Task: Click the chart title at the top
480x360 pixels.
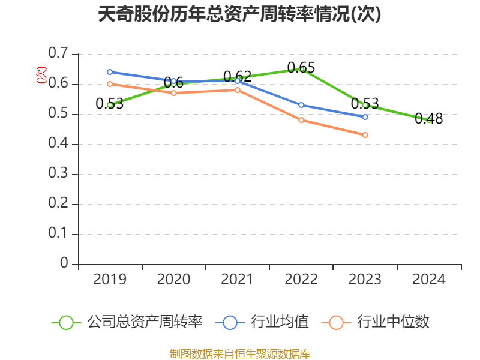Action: point(239,14)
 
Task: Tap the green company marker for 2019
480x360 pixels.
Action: point(110,105)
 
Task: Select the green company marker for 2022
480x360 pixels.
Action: point(302,69)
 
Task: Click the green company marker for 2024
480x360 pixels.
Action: point(429,120)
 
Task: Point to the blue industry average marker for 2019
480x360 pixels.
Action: point(110,72)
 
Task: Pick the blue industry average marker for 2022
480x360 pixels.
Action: point(301,105)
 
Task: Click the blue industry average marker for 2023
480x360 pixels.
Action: point(365,117)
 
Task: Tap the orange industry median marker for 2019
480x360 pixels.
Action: point(110,84)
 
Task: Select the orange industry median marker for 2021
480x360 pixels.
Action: point(238,90)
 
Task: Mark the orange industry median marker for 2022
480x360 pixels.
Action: point(301,120)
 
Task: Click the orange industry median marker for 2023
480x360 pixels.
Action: point(365,135)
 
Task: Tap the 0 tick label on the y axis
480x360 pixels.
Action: point(64,264)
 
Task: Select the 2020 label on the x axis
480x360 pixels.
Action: point(173,280)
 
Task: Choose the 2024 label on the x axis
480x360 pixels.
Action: point(429,280)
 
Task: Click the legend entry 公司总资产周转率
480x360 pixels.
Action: point(145,322)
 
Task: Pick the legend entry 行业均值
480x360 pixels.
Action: point(280,322)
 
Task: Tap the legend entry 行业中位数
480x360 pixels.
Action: point(393,322)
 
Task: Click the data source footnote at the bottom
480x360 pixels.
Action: point(239,353)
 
